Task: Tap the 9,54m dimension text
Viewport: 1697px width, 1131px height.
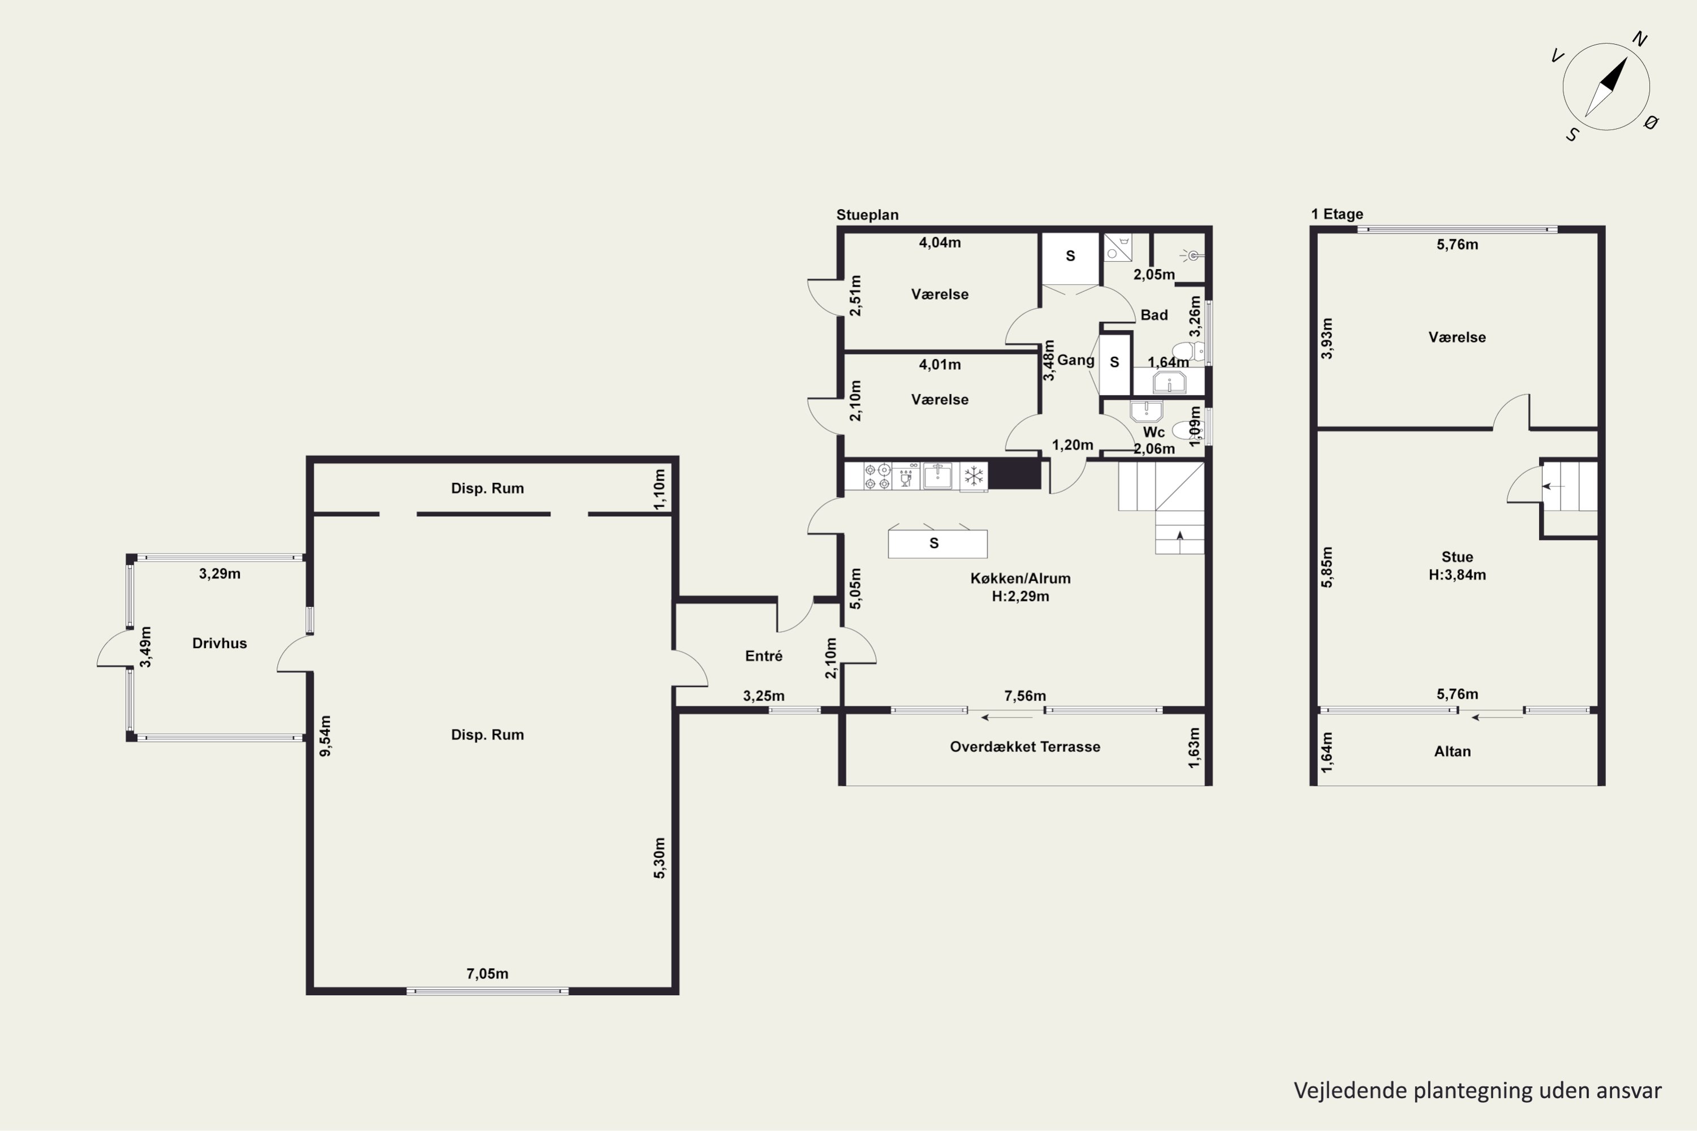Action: pos(325,736)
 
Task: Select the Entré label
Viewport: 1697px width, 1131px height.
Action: pos(763,655)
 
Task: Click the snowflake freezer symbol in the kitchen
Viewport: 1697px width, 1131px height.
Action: pos(974,476)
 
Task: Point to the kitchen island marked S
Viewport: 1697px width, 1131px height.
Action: pos(937,543)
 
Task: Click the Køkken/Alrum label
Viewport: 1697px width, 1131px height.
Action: pos(1020,578)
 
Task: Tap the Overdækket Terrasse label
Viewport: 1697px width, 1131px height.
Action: pos(1024,746)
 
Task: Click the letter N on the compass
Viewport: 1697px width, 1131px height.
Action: pos(1639,40)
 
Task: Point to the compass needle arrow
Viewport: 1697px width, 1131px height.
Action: pos(1606,87)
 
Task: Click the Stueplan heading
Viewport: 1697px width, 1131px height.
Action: pos(867,215)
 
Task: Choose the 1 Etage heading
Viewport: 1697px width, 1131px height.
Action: pos(1337,214)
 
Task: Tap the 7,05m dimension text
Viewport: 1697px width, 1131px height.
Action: pos(487,974)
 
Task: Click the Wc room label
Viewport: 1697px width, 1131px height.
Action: pos(1154,432)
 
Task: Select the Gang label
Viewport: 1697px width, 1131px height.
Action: pos(1076,360)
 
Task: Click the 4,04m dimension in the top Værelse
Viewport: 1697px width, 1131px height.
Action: pos(940,243)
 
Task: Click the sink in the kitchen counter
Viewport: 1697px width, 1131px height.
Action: pos(938,476)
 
